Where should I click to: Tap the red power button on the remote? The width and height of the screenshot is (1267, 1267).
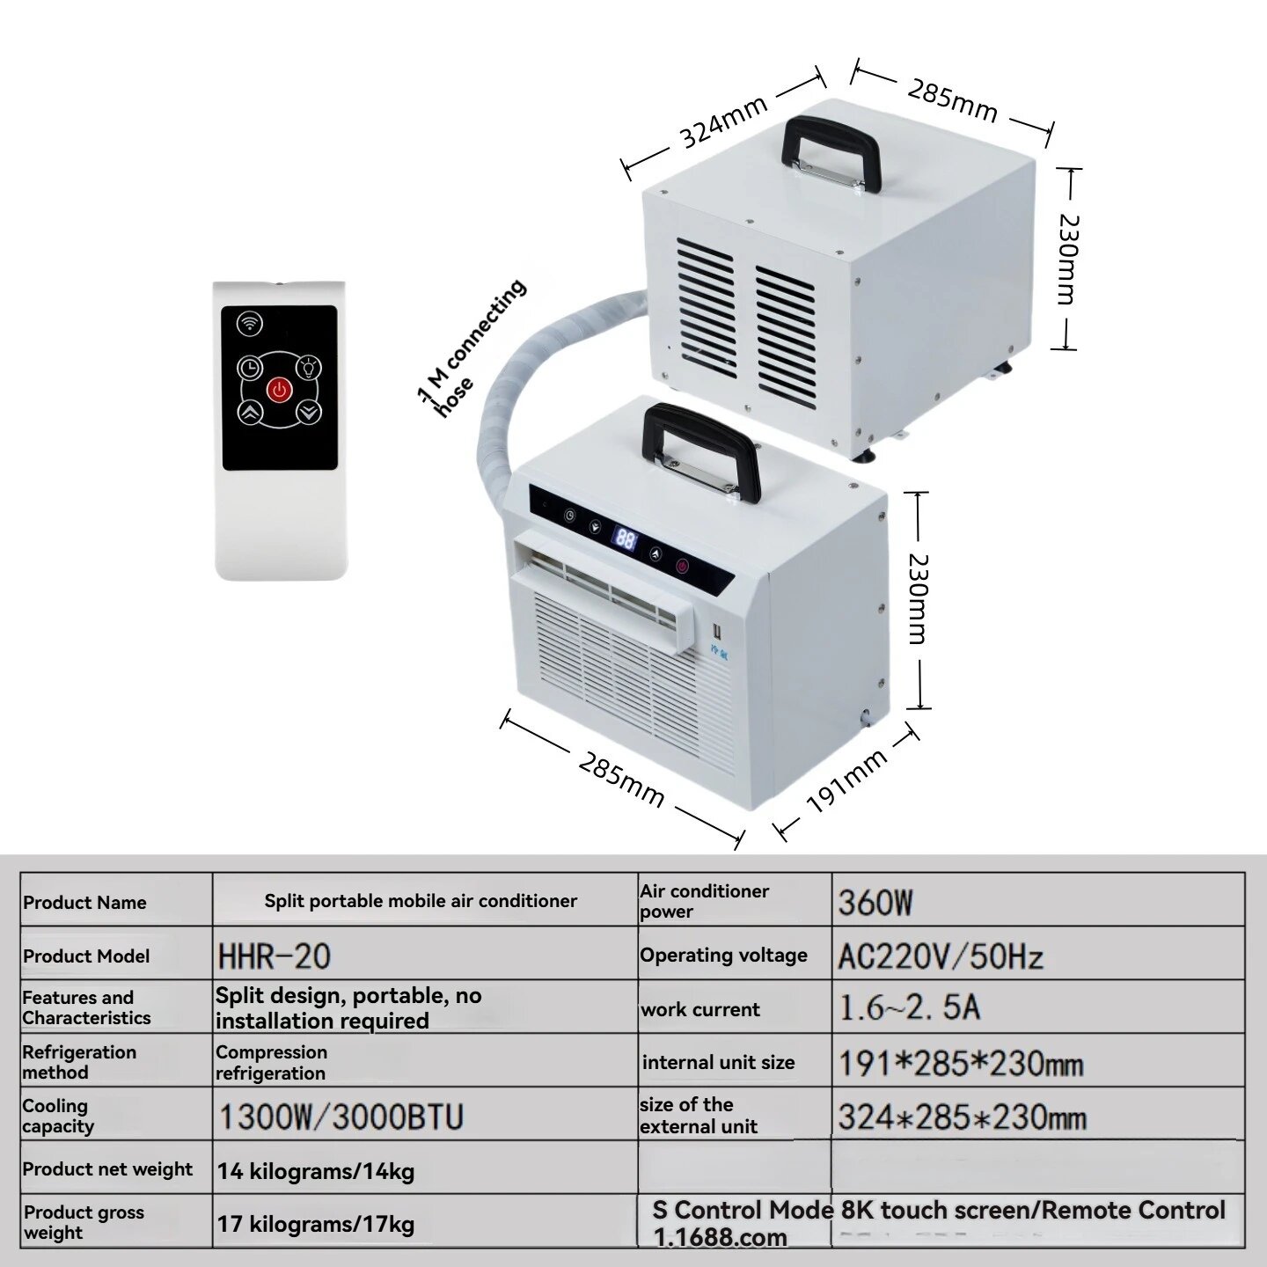(280, 390)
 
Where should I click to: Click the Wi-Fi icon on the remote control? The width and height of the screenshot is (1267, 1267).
(250, 324)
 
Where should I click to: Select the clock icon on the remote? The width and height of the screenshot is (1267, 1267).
(250, 368)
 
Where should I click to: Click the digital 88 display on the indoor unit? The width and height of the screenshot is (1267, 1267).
(625, 540)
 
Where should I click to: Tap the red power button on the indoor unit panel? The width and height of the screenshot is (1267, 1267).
(683, 566)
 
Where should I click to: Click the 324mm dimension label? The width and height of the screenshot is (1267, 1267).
(724, 123)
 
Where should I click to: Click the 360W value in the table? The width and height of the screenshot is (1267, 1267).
(875, 903)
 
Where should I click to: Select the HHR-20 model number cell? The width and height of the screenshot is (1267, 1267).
(275, 956)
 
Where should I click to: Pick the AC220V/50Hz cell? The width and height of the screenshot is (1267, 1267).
(941, 956)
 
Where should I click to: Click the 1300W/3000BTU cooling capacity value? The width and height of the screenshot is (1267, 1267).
(341, 1117)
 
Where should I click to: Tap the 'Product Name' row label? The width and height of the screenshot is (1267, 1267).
(84, 902)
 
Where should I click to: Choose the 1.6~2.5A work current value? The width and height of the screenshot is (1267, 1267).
(910, 1008)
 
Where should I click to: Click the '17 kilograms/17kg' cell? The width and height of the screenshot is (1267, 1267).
(316, 1224)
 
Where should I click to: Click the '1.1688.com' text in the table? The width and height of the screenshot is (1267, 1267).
(720, 1237)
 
